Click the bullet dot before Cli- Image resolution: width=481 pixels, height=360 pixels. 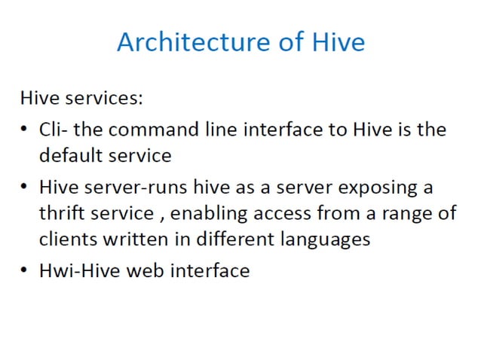coord(25,130)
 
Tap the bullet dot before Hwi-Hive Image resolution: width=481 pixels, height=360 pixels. coord(25,270)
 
